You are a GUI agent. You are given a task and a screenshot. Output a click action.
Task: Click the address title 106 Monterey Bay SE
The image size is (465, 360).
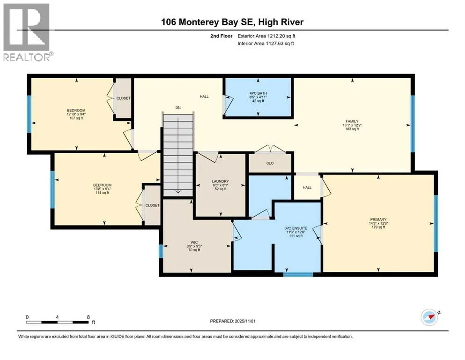pyautogui.click(x=232, y=22)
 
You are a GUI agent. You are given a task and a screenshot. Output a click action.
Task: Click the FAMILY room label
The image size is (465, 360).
pyautogui.click(x=352, y=125)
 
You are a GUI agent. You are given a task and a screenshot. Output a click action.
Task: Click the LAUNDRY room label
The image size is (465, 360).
pyautogui.click(x=220, y=185)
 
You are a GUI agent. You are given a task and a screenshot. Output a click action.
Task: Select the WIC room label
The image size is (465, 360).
pyautogui.click(x=196, y=247)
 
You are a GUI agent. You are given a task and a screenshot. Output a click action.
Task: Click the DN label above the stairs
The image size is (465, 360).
pyautogui.click(x=178, y=108)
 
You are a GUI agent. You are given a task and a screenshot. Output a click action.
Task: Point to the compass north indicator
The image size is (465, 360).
pyautogui.click(x=430, y=317)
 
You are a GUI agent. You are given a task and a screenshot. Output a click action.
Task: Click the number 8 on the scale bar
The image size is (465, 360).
pyautogui.click(x=88, y=316)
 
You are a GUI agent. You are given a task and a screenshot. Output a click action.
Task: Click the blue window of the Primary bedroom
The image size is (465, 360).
pyautogui.click(x=435, y=223)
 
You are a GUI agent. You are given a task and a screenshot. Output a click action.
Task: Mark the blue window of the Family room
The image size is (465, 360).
pyautogui.click(x=413, y=124)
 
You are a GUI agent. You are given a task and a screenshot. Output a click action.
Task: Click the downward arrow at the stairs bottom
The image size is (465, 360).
pyautogui.click(x=178, y=191)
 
